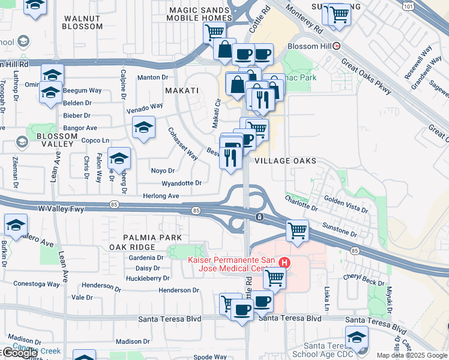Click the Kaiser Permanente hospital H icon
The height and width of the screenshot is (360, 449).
coord(285,263)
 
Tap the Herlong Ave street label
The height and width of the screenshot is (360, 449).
coord(161,196)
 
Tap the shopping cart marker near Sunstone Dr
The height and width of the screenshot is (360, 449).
coord(297,230)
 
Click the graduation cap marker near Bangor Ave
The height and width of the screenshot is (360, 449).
coord(143,127)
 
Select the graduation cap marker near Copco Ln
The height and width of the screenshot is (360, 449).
coord(119,158)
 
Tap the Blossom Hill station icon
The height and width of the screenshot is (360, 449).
coord(337,46)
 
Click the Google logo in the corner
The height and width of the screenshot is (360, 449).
coord(19,353)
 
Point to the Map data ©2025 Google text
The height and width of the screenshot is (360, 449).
coord(412,355)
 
